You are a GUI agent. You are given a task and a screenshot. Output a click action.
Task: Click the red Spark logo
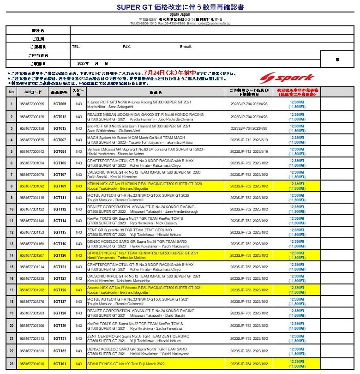click(x=286, y=78)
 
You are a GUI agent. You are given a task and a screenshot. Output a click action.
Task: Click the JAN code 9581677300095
click(x=32, y=104)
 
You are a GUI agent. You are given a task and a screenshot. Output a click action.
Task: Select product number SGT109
click(x=60, y=186)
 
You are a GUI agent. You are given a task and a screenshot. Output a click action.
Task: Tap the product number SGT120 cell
click(x=60, y=255)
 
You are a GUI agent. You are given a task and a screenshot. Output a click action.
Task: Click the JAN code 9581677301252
click(x=32, y=290)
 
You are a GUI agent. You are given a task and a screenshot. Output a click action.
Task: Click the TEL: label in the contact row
click(x=76, y=47)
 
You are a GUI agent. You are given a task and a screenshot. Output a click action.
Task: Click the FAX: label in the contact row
click(x=127, y=47)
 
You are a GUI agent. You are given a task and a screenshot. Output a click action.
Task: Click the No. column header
click(x=12, y=92)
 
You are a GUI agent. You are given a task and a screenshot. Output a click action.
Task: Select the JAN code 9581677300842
click(x=32, y=151)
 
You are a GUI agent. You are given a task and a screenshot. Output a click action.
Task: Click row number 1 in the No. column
click(x=12, y=104)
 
